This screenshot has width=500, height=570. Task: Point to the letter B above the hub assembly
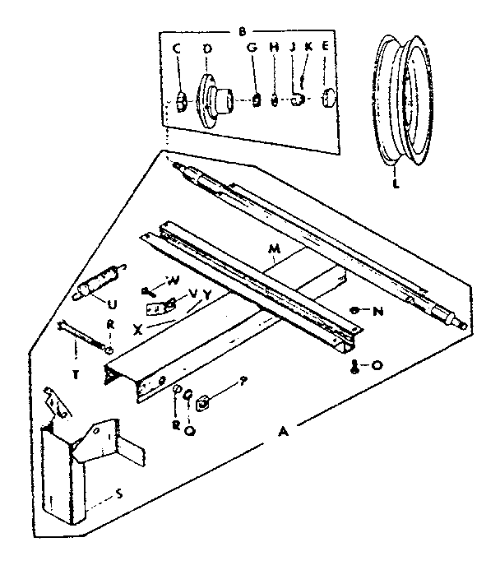pos(242,32)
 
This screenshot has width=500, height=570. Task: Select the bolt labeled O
pos(355,365)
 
